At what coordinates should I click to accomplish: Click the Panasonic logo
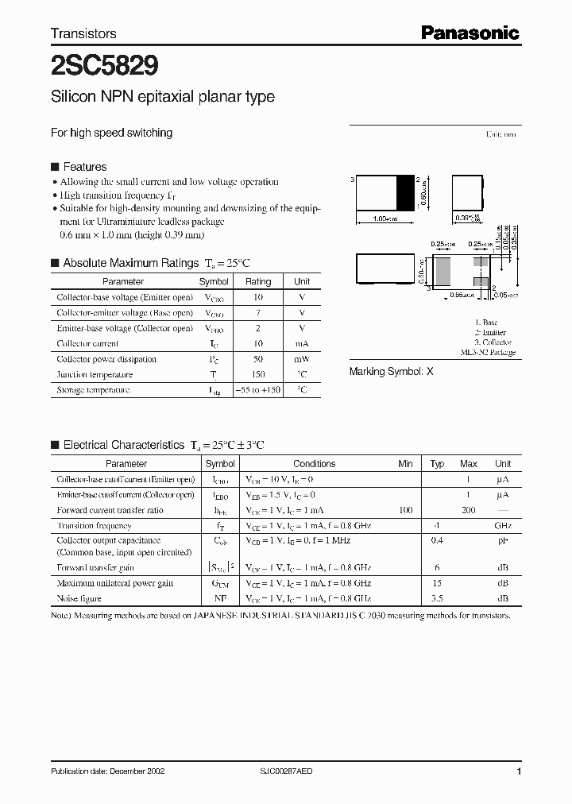(x=470, y=33)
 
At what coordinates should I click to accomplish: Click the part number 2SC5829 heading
(x=104, y=63)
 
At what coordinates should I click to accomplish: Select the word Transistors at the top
(x=83, y=33)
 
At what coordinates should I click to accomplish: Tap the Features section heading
(x=84, y=167)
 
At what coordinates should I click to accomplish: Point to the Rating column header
(x=257, y=281)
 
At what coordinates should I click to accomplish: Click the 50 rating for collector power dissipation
(x=257, y=359)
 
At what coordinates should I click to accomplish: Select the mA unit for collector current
(x=302, y=344)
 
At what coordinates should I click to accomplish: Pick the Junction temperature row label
(x=95, y=375)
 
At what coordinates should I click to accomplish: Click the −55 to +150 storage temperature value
(x=257, y=390)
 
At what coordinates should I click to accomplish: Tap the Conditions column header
(x=314, y=464)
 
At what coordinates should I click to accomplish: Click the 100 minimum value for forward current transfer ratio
(x=405, y=510)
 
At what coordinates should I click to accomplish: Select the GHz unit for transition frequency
(x=503, y=526)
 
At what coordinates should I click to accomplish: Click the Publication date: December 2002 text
(x=108, y=771)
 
